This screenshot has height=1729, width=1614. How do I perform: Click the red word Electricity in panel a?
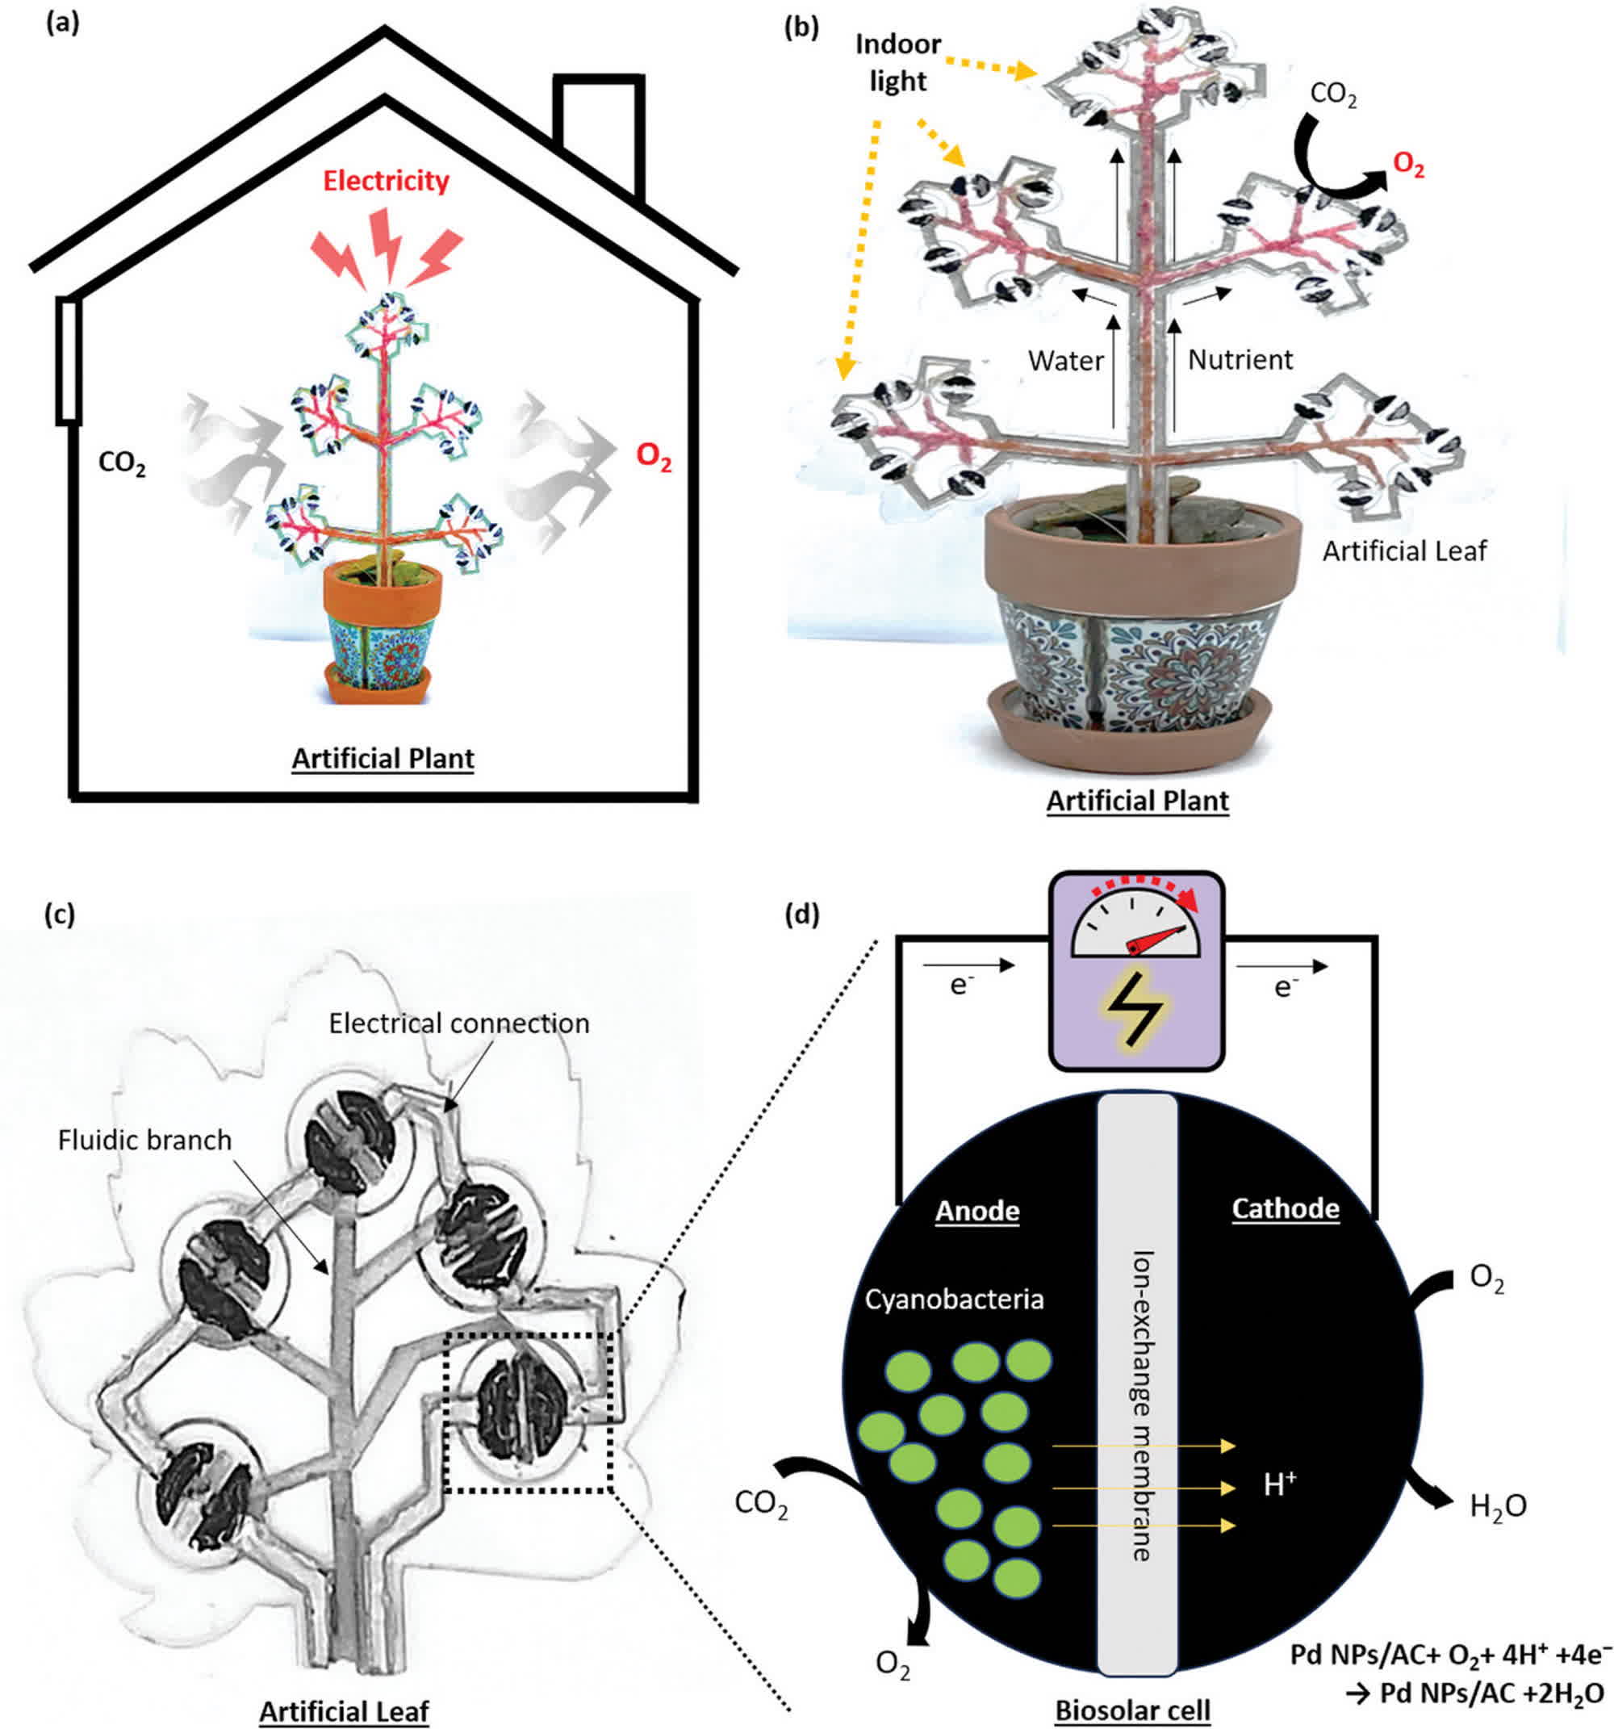click(x=386, y=181)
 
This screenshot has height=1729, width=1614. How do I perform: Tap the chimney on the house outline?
click(x=599, y=131)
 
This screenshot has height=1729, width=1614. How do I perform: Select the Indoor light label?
click(x=897, y=63)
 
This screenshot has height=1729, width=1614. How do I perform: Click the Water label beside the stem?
click(x=1065, y=360)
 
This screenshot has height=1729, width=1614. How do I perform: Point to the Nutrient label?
click(x=1240, y=359)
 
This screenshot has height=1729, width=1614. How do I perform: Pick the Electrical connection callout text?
click(x=458, y=1023)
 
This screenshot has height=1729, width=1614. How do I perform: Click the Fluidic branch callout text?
click(x=144, y=1139)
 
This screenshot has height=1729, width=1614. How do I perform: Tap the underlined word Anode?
click(x=976, y=1210)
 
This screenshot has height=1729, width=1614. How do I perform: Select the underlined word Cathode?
click(x=1286, y=1208)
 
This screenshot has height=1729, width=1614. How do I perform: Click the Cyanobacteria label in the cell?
click(x=954, y=1300)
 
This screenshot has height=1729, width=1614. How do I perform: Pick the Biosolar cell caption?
click(x=1132, y=1709)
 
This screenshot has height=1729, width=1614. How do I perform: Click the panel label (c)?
click(x=59, y=915)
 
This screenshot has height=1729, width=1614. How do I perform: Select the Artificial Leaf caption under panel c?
click(x=345, y=1710)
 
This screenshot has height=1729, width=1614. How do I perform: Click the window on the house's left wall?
click(x=69, y=360)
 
